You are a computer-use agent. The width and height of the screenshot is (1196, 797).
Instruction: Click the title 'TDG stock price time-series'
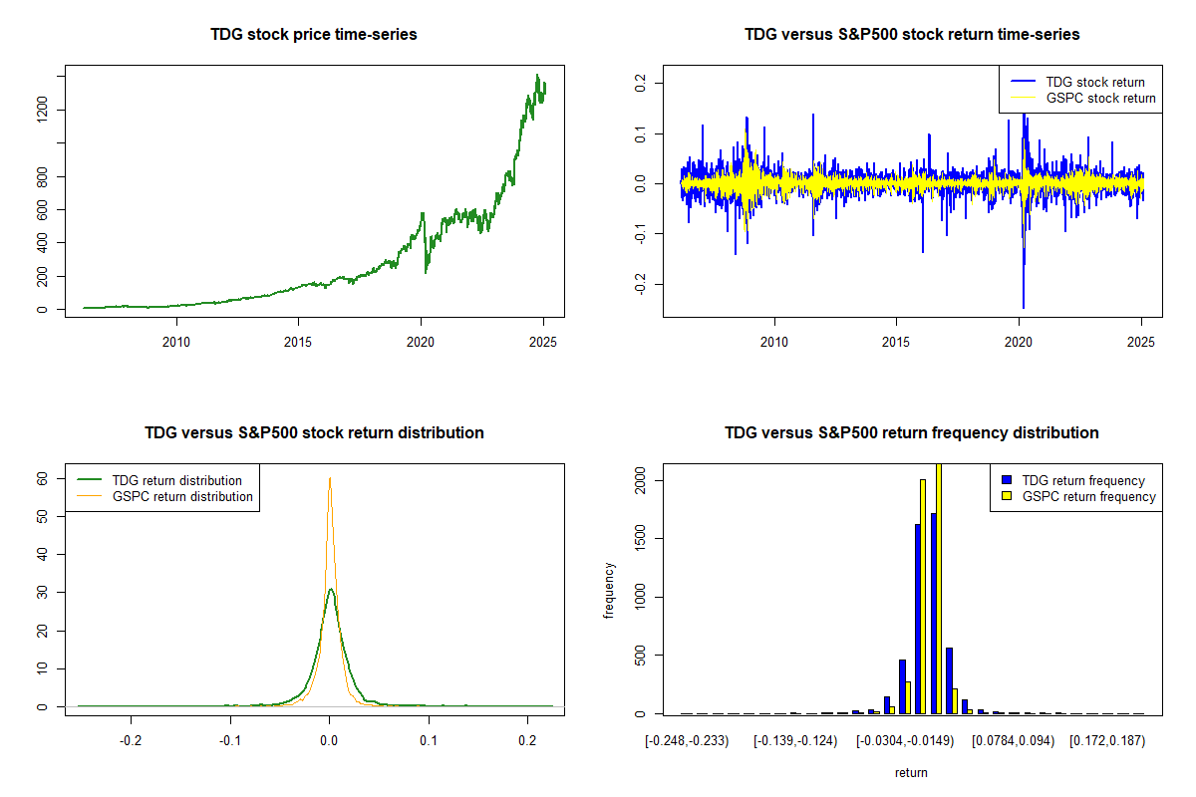(x=314, y=35)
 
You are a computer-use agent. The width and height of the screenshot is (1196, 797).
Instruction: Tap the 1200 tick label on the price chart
(x=43, y=110)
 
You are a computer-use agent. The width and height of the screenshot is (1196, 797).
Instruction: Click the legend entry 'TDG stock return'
(x=1094, y=82)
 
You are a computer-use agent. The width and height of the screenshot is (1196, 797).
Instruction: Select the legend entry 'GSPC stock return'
(x=1100, y=99)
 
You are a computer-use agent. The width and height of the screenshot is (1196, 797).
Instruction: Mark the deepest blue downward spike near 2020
(x=1023, y=307)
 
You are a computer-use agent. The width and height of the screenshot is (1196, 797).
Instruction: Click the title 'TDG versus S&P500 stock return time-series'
(x=912, y=35)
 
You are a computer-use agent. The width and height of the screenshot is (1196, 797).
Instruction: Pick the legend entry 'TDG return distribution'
(x=177, y=480)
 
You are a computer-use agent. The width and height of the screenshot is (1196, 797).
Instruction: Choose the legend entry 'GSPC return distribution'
(x=182, y=496)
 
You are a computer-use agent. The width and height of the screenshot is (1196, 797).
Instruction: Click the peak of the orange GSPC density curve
(x=330, y=478)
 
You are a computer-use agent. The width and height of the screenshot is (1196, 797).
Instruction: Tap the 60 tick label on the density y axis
(x=43, y=478)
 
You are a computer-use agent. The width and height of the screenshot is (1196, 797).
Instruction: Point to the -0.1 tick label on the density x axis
(x=230, y=741)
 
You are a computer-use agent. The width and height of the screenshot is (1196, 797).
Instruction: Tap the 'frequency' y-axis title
(x=609, y=589)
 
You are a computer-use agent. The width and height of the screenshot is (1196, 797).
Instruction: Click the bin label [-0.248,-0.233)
(x=688, y=741)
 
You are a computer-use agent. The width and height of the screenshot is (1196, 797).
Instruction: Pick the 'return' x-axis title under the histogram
(x=911, y=772)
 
